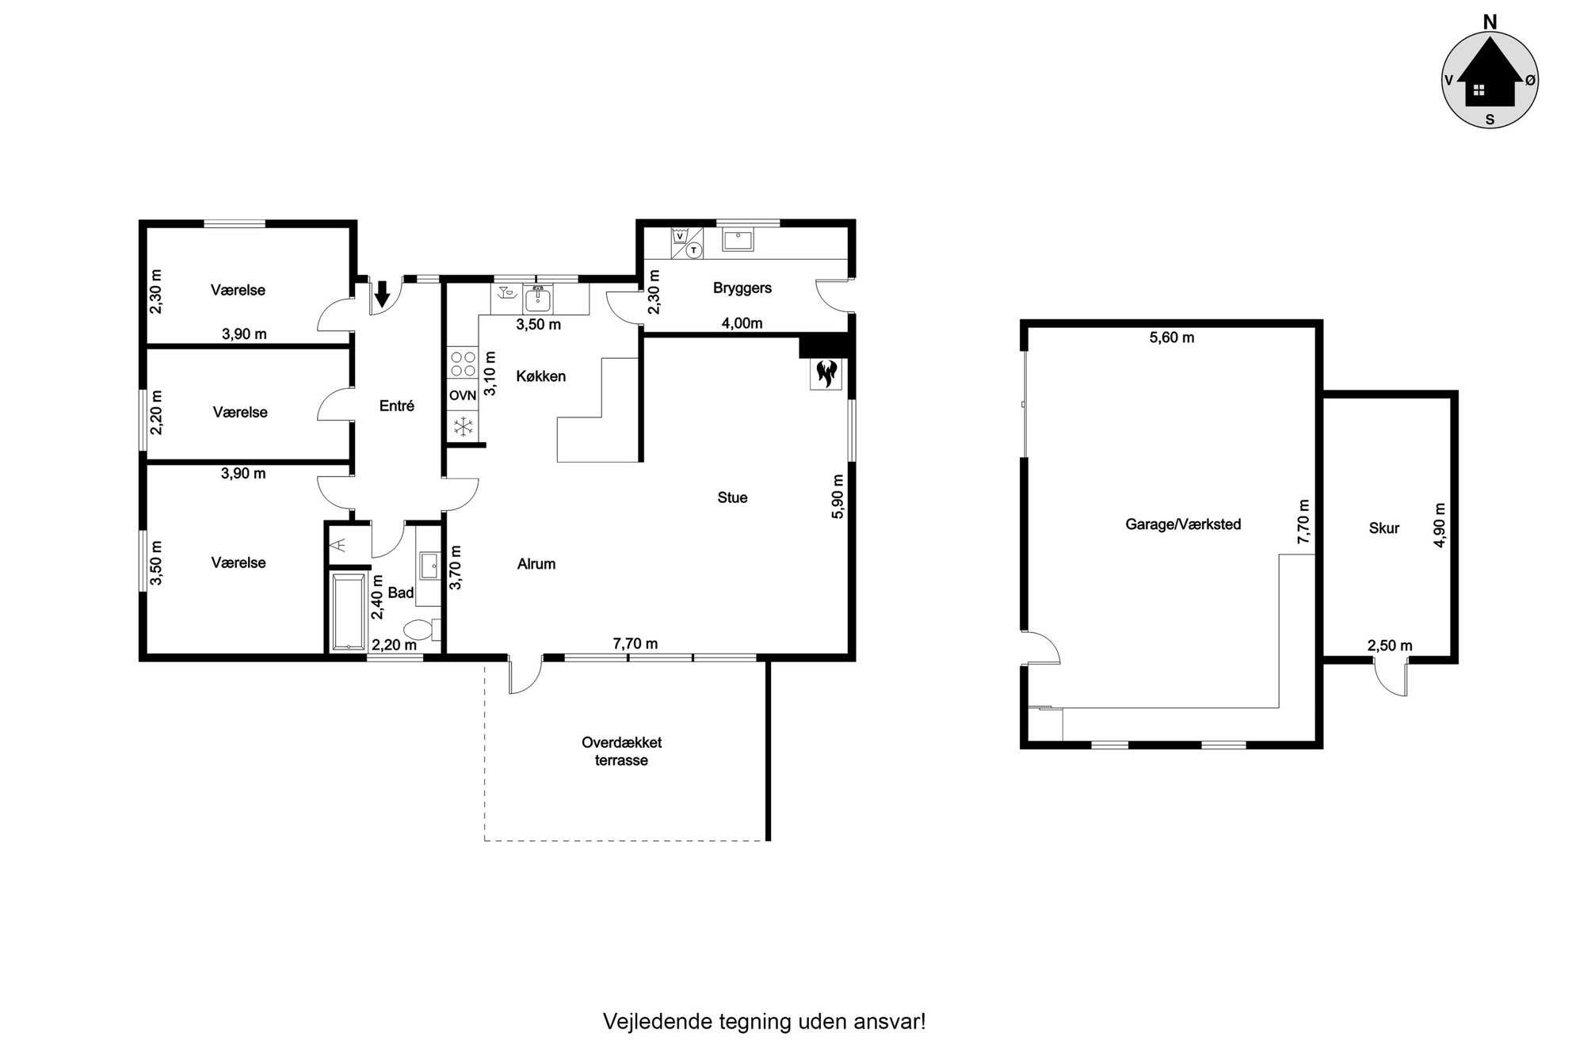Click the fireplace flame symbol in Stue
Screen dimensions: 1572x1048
pos(825,373)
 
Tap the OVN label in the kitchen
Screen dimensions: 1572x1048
pos(463,395)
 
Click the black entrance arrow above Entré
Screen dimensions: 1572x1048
pos(382,294)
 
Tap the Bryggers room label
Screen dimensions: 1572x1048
pos(742,288)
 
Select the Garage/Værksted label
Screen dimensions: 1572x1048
pos(1183,524)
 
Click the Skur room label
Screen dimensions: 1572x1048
pos(1384,528)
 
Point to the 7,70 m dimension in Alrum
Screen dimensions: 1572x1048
pos(635,644)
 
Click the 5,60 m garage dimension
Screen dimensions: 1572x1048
pos(1172,337)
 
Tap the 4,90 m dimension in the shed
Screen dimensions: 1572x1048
pos(1440,524)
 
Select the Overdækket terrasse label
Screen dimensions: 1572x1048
pos(622,752)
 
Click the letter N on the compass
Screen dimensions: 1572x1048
pos(1490,22)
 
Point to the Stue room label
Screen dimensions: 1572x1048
pos(732,497)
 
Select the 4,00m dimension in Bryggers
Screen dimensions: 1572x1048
pos(742,323)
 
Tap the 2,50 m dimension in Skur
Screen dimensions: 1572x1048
pos(1390,646)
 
